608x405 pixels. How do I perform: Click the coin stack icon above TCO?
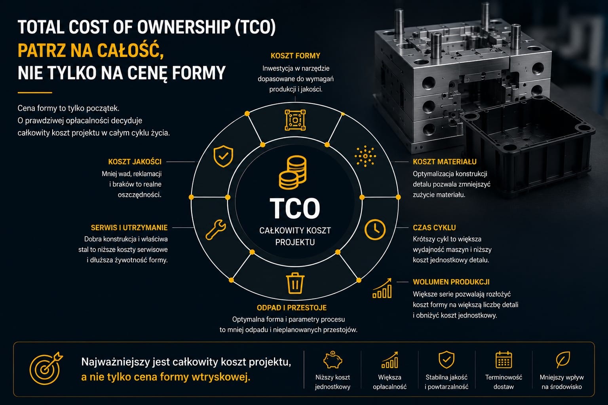pos(293,172)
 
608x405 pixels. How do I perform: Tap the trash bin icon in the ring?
pos(295,283)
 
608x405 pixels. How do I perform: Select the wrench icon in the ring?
pos(216,229)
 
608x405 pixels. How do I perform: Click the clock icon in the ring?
pos(375,229)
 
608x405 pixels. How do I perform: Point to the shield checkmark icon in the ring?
pos(223,156)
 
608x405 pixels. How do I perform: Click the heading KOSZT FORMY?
pos(295,56)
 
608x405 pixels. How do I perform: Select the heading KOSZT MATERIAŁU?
pos(445,162)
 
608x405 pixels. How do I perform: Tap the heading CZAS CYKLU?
pos(434,227)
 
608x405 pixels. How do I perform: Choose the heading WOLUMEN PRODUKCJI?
pos(451,282)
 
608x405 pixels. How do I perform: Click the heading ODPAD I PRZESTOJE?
pos(292,308)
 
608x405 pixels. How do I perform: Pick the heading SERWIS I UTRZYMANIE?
pos(129,227)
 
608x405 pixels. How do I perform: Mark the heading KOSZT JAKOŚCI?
pos(135,162)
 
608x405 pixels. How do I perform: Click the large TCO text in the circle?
pos(295,208)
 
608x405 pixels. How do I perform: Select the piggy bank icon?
pos(333,360)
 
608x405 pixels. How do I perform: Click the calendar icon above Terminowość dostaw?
pos(504,360)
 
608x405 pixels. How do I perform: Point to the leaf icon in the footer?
pos(562,360)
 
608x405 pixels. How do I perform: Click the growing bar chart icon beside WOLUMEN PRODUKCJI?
pos(382,288)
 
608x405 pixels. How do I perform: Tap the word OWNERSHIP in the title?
pos(184,27)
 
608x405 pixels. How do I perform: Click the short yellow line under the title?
pos(35,93)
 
